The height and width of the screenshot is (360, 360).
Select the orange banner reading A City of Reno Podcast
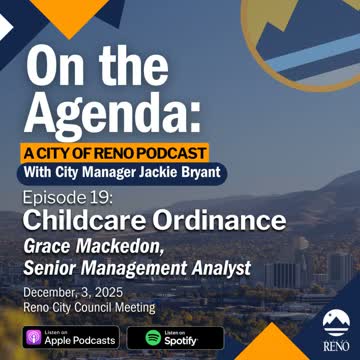coord(117,153)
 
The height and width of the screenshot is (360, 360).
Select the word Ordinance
coord(221,220)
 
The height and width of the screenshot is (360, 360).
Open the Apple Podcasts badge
coord(71,337)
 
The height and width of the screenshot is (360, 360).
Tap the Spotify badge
coord(175,337)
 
